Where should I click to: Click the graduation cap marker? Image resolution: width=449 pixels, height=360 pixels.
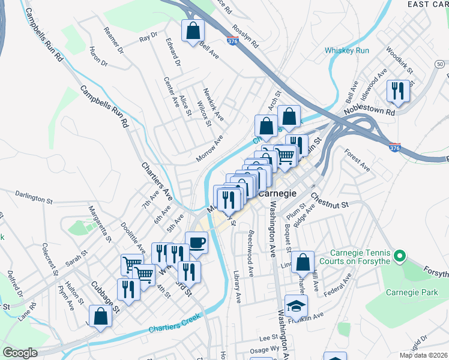(296, 306)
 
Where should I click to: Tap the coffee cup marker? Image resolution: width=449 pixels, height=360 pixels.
(196, 242)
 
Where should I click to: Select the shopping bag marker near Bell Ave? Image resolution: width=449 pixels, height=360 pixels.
(193, 31)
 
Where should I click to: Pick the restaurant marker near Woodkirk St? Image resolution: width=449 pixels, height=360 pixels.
(397, 91)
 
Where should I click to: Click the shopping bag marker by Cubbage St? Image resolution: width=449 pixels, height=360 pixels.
(100, 316)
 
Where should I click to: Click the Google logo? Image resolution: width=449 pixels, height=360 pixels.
(20, 353)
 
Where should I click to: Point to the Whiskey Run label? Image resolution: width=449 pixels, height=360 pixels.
(346, 51)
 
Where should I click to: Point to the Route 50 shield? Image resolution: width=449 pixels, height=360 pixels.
(440, 64)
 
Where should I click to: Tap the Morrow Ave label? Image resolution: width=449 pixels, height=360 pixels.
(209, 148)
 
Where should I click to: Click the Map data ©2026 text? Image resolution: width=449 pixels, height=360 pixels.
(424, 355)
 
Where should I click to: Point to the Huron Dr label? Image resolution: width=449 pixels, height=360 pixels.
(98, 56)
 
